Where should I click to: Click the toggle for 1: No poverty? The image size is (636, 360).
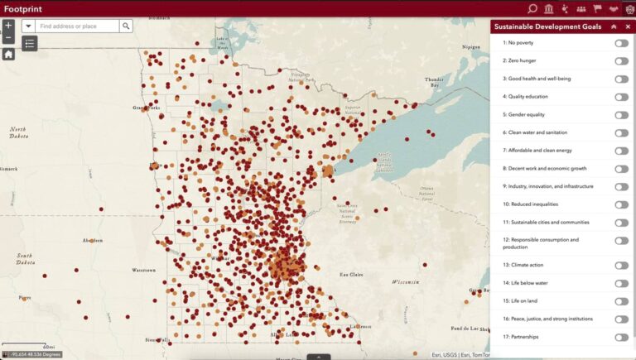coord(621,43)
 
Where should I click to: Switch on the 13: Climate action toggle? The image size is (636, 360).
coord(621,266)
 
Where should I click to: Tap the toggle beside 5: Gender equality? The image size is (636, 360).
coord(621,115)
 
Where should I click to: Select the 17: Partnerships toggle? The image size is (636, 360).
coord(621,337)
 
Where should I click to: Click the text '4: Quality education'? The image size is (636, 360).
coord(525,97)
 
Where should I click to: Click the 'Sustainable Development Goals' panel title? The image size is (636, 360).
coord(547,26)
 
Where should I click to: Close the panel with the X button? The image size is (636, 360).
coord(628,26)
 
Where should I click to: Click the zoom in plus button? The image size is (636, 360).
coord(8,26)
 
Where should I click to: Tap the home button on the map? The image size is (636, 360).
coord(8,54)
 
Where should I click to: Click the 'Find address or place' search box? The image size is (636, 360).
coord(78,26)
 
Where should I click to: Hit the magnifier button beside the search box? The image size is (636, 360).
coord(126,26)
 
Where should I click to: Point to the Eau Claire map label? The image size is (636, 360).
coord(354,273)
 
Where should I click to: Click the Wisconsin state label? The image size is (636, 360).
coord(405,281)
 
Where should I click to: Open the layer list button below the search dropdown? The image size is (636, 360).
coord(30,43)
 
